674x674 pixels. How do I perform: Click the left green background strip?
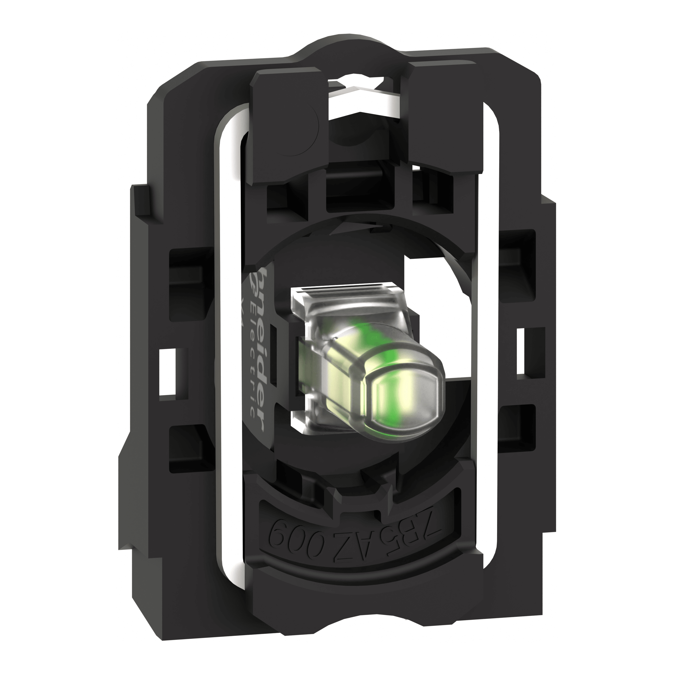[47, 337]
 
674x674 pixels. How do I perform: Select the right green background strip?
[627, 337]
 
